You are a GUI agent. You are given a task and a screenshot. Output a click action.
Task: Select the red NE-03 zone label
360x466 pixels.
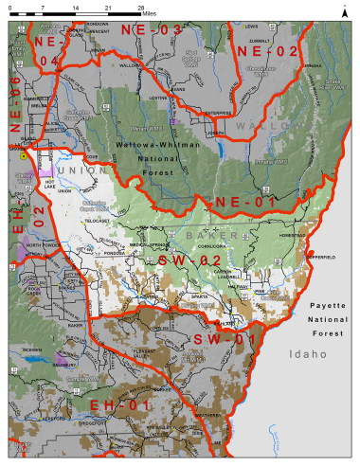151,31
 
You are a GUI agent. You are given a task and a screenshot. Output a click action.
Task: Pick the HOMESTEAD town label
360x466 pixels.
294,234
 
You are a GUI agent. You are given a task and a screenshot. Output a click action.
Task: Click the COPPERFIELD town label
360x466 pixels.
321,257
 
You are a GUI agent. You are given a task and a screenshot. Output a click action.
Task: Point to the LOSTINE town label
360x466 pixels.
158,98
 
